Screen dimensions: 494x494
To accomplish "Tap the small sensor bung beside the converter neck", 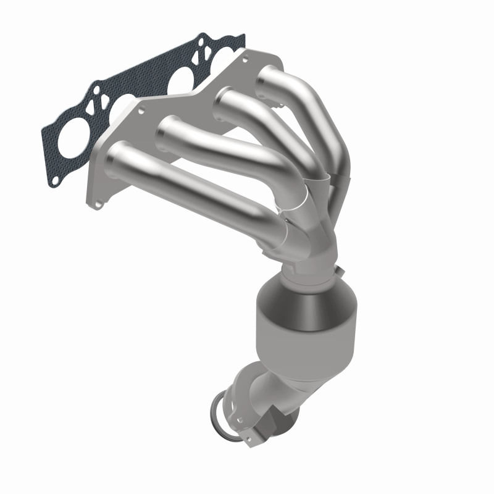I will tap(339, 270).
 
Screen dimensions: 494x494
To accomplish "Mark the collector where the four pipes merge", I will tap(309, 228).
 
